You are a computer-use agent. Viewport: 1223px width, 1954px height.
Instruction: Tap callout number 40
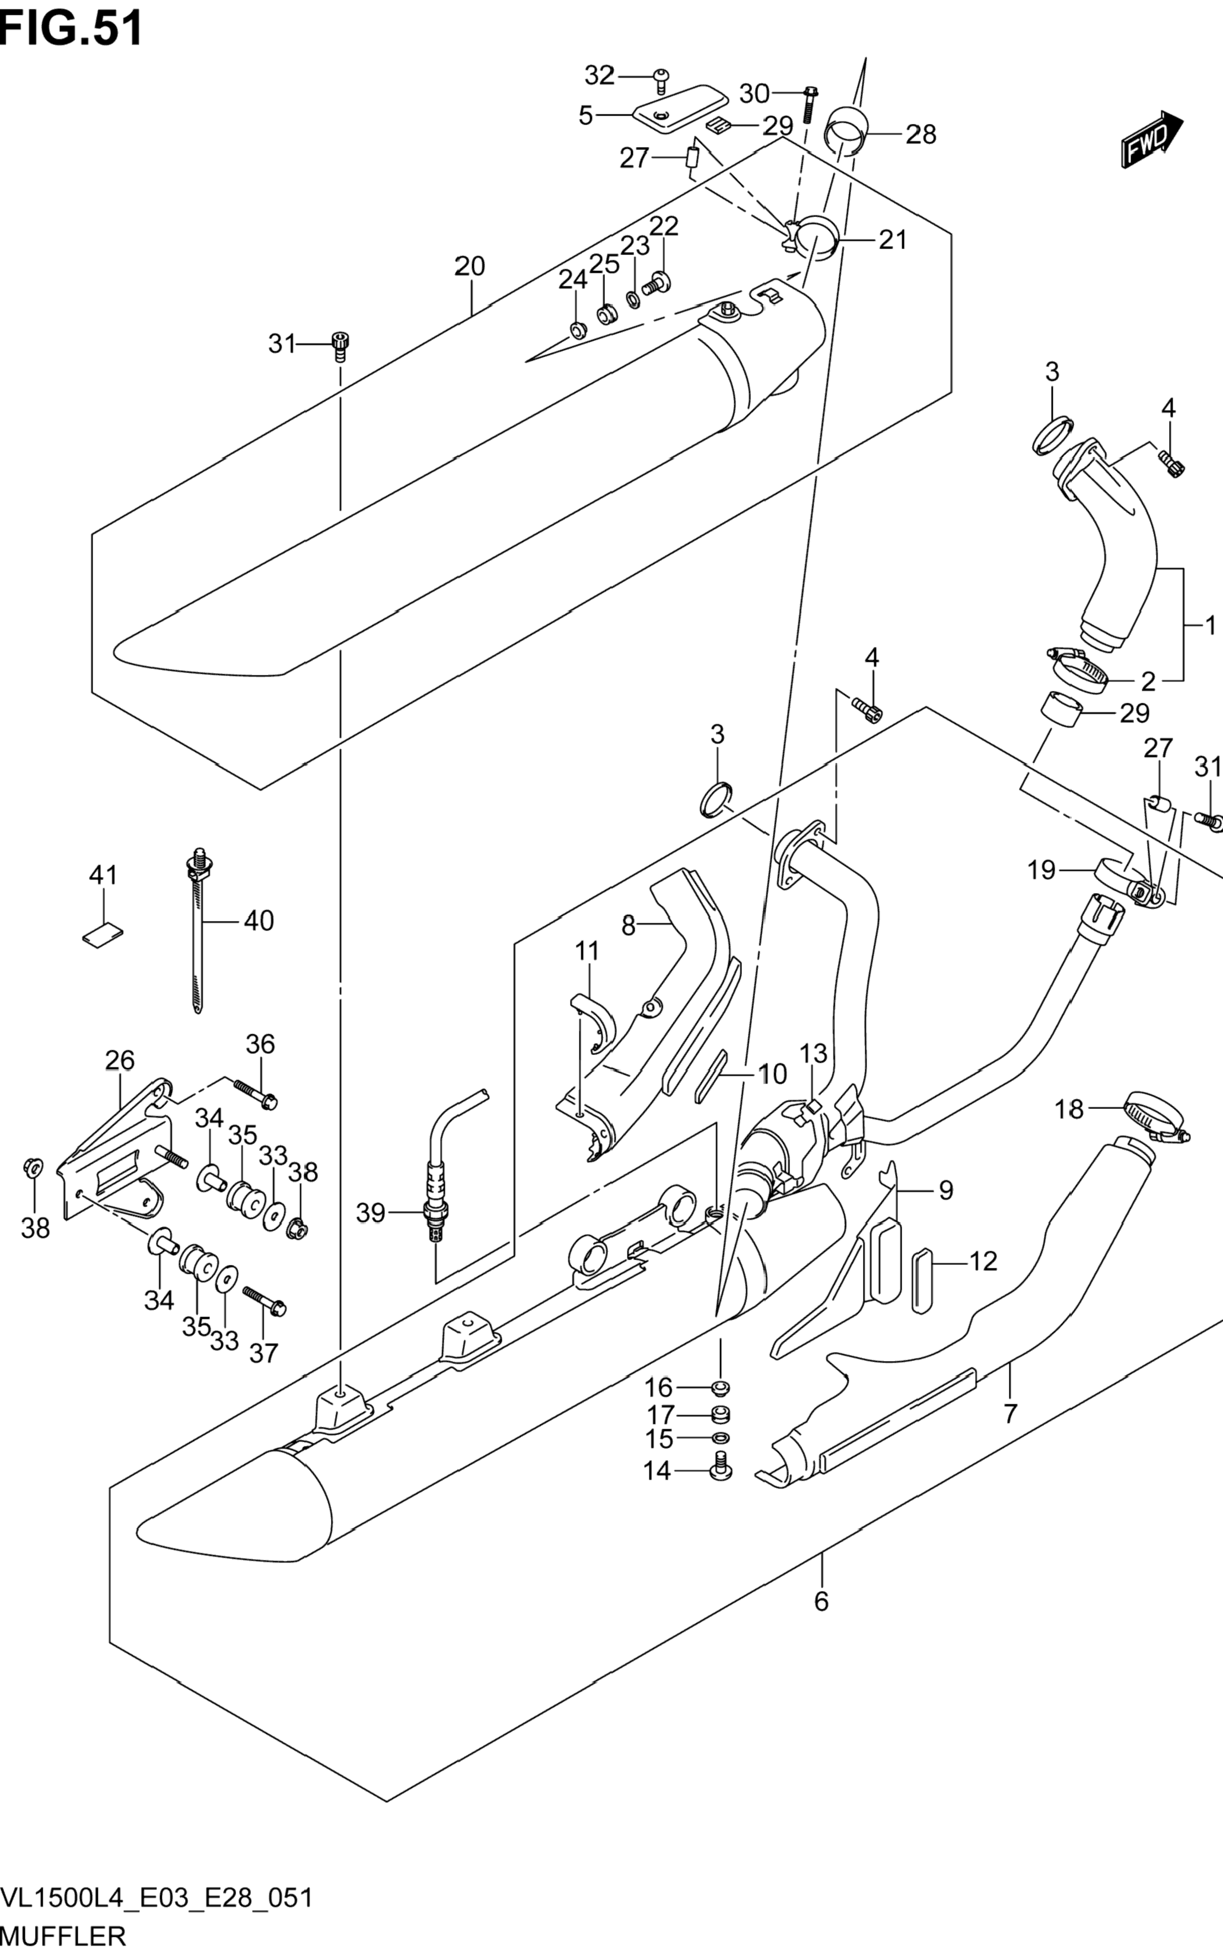(x=259, y=920)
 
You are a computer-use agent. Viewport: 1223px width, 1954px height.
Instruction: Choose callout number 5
(x=585, y=116)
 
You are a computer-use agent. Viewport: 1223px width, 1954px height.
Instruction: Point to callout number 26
(x=120, y=1060)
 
